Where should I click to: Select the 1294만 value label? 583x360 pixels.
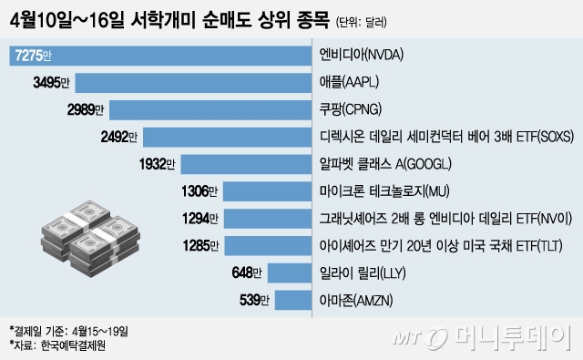tap(199, 219)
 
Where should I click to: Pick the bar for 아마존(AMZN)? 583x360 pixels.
tap(293, 299)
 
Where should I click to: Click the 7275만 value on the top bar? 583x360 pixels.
tap(33, 57)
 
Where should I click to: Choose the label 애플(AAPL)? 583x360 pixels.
tap(350, 84)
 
